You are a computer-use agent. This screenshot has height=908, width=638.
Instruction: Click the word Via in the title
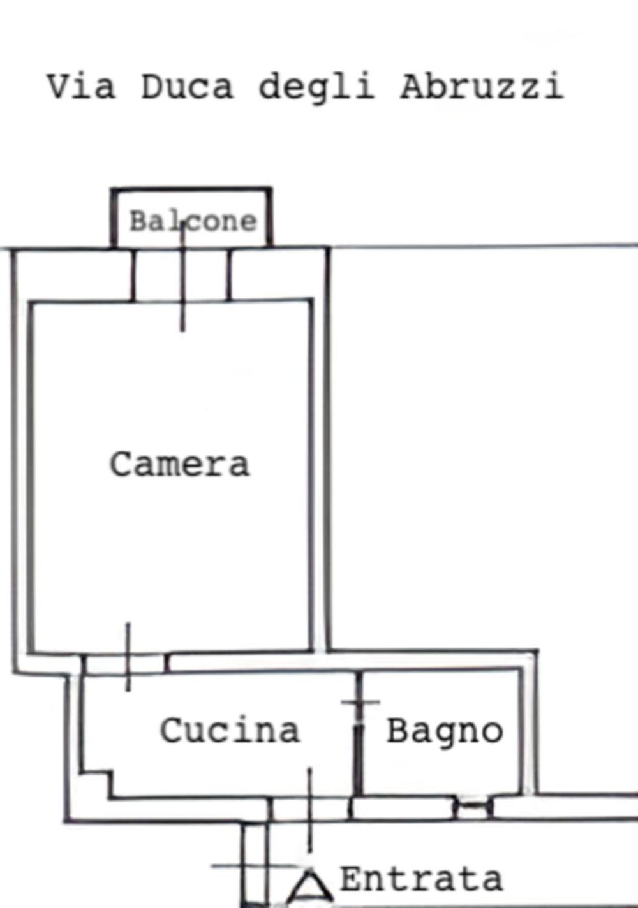(x=81, y=86)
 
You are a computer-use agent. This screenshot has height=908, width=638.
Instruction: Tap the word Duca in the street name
(x=187, y=86)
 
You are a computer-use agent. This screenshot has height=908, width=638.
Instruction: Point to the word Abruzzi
(x=482, y=86)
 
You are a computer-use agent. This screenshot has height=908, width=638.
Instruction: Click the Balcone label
(x=193, y=221)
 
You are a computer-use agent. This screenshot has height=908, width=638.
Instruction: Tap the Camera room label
(x=180, y=464)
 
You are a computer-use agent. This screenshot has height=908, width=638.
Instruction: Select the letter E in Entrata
(x=352, y=879)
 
